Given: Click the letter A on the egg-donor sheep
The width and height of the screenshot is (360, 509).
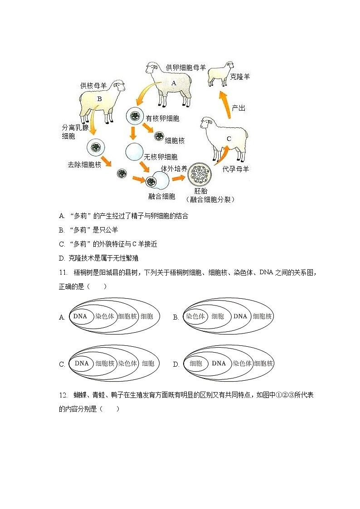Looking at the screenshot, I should point(173,83).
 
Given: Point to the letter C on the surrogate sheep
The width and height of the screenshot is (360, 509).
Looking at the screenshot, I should point(229,139).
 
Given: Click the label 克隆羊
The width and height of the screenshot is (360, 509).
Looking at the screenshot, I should point(240,77).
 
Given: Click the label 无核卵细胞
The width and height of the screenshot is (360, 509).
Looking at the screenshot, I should point(161,157).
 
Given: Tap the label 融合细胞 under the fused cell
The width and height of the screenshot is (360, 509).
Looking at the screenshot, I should point(162,196).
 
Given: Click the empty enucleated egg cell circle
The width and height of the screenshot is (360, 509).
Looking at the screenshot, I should point(134,152).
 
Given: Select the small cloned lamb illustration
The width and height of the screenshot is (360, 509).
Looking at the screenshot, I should point(221,73).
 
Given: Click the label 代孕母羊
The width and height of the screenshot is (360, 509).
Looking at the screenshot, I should point(236,169).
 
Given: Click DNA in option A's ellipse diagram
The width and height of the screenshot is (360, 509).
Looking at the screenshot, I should point(80,316).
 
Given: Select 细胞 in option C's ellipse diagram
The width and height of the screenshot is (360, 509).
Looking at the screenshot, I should point(148,364).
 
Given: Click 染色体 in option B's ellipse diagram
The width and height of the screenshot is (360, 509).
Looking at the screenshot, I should point(195,316).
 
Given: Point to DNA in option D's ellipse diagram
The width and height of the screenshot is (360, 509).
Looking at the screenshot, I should point(219,364).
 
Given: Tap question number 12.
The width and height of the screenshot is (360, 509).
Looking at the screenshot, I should point(63,395).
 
